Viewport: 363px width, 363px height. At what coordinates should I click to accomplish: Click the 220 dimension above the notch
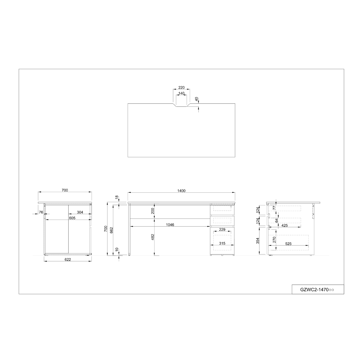[181, 88]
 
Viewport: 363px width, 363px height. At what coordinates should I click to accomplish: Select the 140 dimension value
[181, 93]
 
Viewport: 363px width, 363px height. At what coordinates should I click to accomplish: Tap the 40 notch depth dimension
[197, 99]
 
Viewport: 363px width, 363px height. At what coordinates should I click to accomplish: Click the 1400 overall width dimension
[181, 191]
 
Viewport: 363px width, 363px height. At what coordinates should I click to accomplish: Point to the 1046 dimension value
[170, 225]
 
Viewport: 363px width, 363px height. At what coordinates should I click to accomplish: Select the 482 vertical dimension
[153, 237]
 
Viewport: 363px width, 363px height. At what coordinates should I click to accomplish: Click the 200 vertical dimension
[153, 211]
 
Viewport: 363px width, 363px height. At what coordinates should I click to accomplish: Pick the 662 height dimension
[112, 231]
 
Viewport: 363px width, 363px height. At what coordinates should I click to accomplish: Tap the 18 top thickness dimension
[117, 198]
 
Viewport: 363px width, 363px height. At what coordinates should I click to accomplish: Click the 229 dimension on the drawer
[222, 229]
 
